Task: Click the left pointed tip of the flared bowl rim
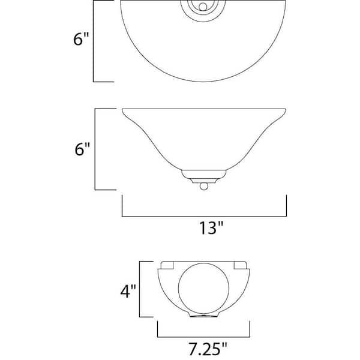point(122,110)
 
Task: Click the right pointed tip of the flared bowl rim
point(287,110)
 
